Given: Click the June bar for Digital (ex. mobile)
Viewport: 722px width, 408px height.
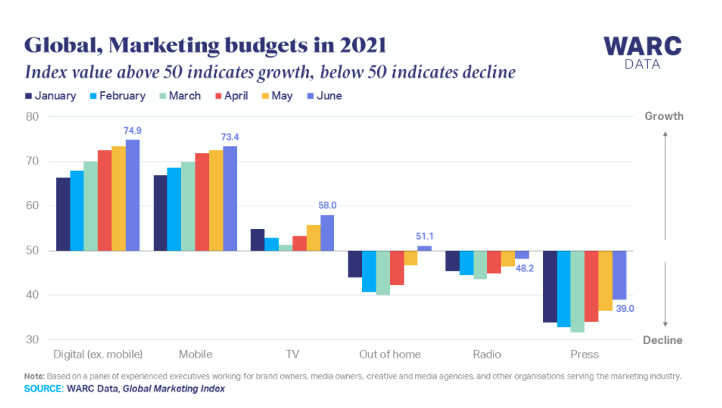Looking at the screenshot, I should click(132, 195).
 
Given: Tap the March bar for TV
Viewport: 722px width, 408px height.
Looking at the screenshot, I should click(285, 248).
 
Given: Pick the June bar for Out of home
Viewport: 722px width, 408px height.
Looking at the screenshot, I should click(425, 248).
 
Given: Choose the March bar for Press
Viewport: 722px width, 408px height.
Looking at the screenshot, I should click(577, 291).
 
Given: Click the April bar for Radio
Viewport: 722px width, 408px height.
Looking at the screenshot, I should click(494, 262).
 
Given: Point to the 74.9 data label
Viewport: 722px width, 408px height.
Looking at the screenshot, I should click(133, 131).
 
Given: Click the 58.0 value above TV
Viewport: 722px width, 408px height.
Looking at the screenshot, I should click(328, 206).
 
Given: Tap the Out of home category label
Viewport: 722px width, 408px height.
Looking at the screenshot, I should click(389, 354).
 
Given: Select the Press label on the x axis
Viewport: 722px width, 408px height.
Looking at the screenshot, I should click(584, 354).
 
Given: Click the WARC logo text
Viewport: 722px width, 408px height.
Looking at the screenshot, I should click(642, 45).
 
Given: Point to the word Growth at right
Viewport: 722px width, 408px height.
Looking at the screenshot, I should click(664, 116).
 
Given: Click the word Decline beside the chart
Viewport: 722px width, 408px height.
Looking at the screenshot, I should click(662, 340).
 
